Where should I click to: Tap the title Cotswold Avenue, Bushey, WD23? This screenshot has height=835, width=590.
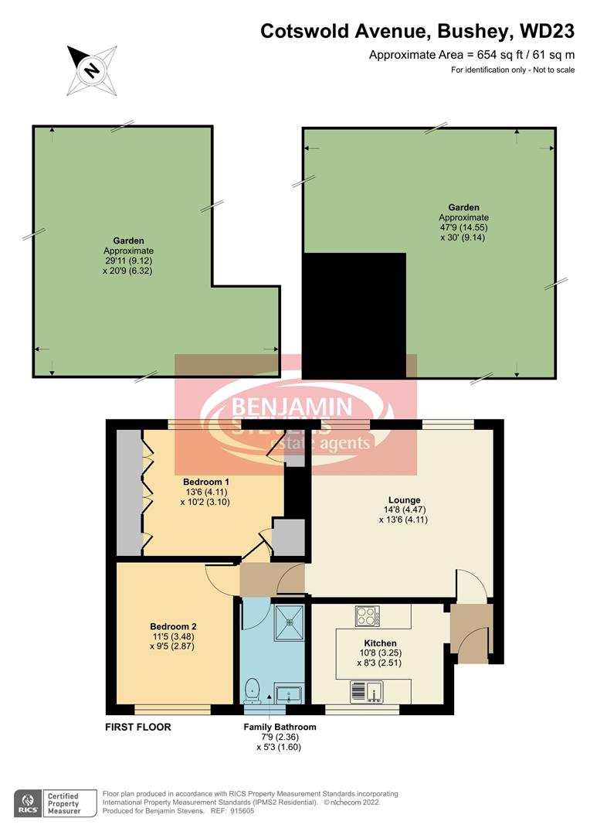pyautogui.click(x=417, y=32)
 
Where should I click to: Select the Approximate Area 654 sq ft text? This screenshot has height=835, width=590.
pyautogui.click(x=472, y=54)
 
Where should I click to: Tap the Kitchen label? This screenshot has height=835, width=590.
pyautogui.click(x=380, y=643)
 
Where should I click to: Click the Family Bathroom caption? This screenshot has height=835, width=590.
pyautogui.click(x=280, y=727)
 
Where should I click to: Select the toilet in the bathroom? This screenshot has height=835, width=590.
pyautogui.click(x=252, y=688)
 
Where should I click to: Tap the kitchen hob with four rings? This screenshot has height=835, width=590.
pyautogui.click(x=366, y=616)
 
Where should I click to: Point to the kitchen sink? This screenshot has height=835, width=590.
pyautogui.click(x=366, y=690)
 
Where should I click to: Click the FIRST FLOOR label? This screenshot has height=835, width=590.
pyautogui.click(x=138, y=728)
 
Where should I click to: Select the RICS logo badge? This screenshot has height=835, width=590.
pyautogui.click(x=29, y=803)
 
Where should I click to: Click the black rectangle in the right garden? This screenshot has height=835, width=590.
pyautogui.click(x=354, y=315)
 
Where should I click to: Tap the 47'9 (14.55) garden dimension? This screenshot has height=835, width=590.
pyautogui.click(x=463, y=228)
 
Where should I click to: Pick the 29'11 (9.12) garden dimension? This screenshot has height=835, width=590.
pyautogui.click(x=129, y=261)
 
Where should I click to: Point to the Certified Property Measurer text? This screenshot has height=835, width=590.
pyautogui.click(x=65, y=803)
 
